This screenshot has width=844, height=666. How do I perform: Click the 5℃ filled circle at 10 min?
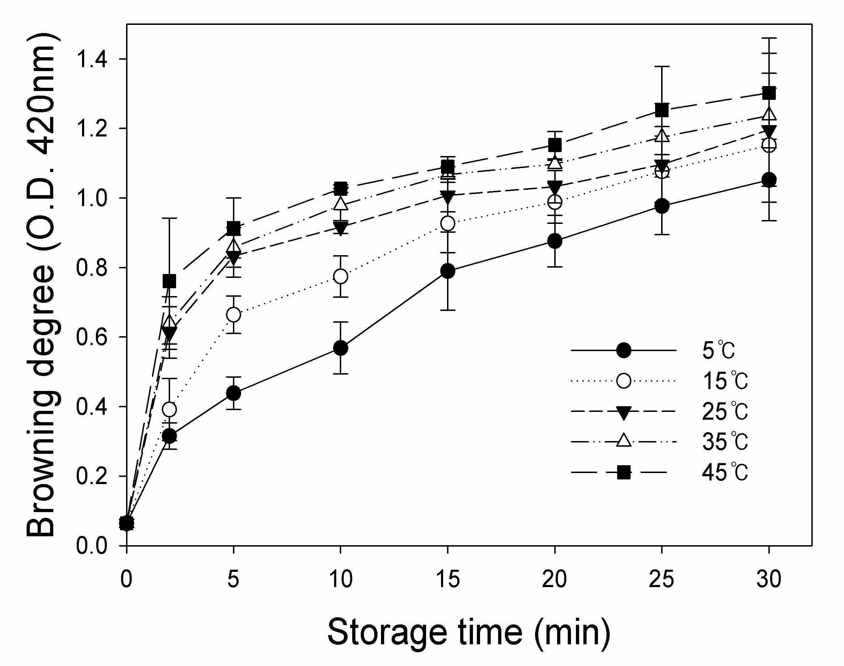click(341, 348)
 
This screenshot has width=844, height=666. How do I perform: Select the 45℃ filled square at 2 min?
click(169, 281)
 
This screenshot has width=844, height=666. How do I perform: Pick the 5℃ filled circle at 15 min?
click(448, 271)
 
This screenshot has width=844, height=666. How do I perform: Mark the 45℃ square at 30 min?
click(769, 93)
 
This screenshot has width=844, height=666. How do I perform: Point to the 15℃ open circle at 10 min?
click(341, 276)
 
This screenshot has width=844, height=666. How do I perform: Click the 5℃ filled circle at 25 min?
click(662, 206)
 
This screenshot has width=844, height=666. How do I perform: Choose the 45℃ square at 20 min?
click(555, 145)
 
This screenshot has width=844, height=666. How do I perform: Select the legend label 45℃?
click(725, 473)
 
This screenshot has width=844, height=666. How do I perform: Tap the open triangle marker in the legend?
click(624, 441)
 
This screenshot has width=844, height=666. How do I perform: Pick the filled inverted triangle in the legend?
click(624, 413)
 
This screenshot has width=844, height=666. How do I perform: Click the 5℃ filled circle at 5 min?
click(233, 393)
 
